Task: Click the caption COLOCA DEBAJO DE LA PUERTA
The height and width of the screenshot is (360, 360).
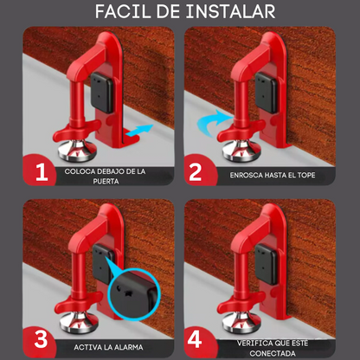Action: pos(105,176)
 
